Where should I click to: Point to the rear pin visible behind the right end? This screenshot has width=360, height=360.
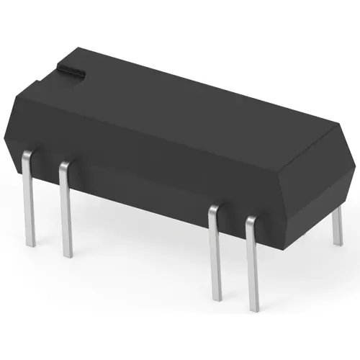point(336,230)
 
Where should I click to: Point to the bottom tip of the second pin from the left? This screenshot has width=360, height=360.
point(68,256)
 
